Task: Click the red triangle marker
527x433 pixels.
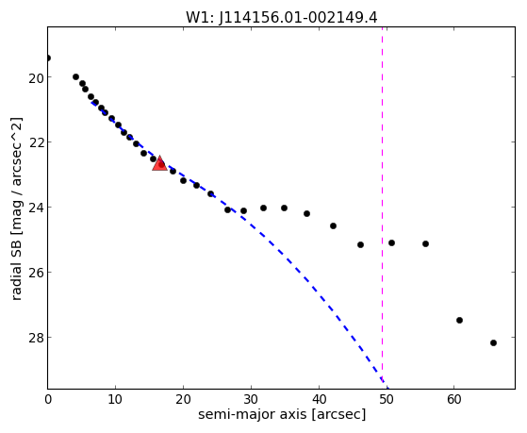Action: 159,163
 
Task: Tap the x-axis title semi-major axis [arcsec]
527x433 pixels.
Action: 282,414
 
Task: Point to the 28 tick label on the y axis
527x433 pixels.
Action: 36,337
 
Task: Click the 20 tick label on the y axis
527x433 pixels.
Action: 36,77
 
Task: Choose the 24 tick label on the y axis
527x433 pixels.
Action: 36,208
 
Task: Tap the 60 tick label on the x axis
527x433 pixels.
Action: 453,399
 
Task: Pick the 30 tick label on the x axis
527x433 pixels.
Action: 251,399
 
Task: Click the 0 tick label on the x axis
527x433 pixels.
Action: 48,399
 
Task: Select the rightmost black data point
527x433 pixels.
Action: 493,342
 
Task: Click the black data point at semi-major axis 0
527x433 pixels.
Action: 48,58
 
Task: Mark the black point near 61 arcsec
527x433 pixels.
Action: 459,321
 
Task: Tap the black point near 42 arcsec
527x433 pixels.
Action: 333,225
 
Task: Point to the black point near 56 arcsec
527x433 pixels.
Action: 425,243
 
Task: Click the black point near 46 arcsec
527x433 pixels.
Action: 361,244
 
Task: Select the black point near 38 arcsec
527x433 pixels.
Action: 306,213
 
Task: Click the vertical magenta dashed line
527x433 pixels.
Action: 382,208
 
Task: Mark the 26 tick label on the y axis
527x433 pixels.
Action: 36,273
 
